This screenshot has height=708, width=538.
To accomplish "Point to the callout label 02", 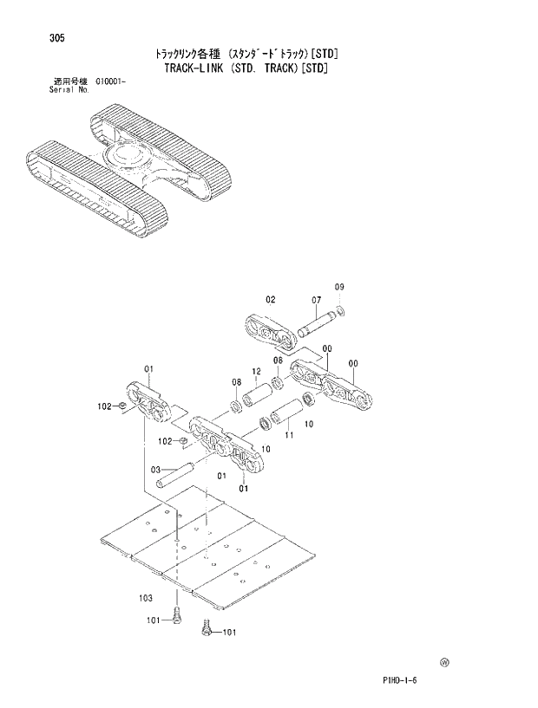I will (271, 299).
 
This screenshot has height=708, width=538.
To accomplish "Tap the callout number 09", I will (339, 287).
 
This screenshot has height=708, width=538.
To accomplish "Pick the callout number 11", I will (289, 436).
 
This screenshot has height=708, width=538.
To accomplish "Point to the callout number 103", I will (146, 598).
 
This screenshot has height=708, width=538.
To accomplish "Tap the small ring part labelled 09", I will (341, 310).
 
